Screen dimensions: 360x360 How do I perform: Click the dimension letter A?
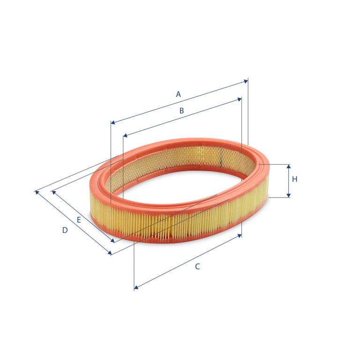(x=179, y=94)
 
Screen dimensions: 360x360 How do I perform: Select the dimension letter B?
(x=181, y=111)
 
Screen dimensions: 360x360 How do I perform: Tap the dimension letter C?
(x=197, y=267)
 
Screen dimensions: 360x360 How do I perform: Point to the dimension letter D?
(x=65, y=230)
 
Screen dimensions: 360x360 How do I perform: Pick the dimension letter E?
(x=79, y=220)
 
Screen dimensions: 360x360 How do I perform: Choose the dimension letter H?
(x=294, y=179)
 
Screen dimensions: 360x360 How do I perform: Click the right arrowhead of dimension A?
(x=246, y=81)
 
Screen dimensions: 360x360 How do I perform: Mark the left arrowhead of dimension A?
(x=113, y=123)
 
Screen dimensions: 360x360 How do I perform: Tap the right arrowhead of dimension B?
(x=240, y=99)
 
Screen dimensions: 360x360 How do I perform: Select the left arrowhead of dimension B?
(x=125, y=135)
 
